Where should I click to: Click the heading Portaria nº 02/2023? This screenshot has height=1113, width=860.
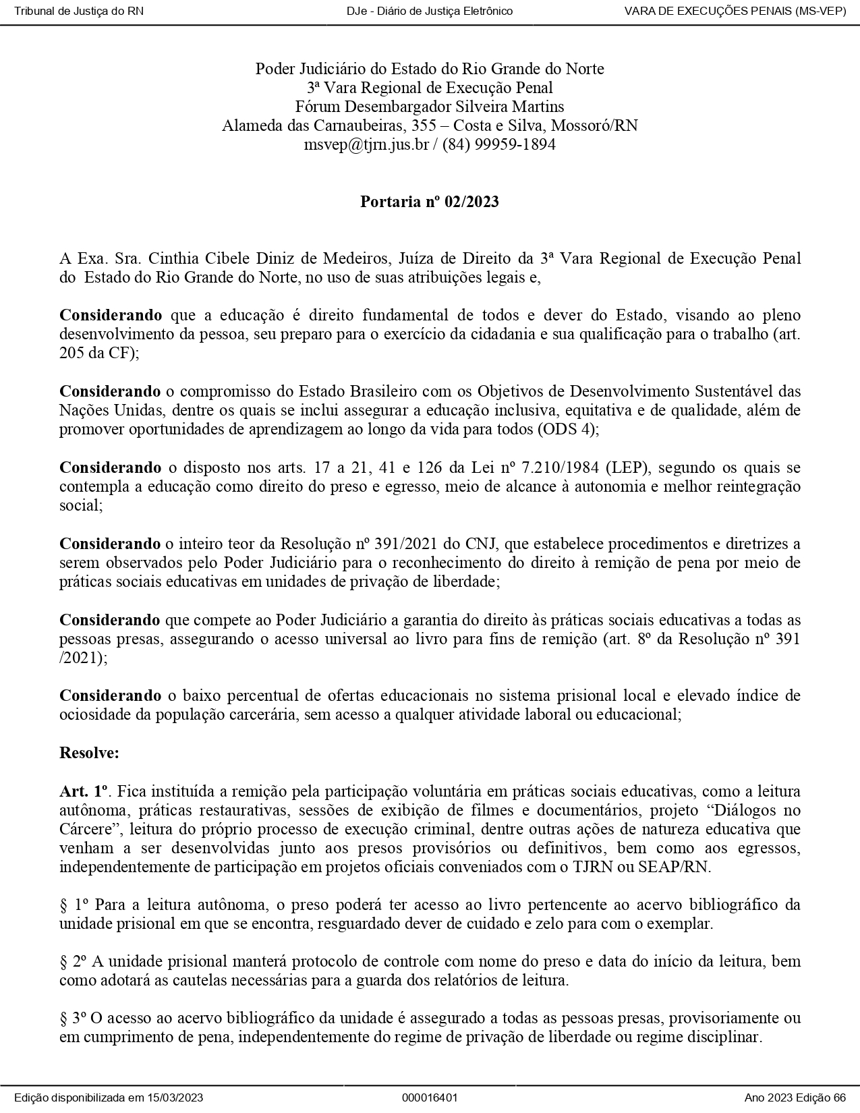pos(430,202)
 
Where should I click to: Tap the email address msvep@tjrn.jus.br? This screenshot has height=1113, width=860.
pos(366,144)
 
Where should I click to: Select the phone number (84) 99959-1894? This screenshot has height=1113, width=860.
pos(499,144)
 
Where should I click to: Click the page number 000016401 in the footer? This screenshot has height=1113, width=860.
pos(430,1097)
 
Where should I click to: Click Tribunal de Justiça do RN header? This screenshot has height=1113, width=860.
pos(79,11)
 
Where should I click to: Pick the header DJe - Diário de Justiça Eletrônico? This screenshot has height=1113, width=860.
pos(430,11)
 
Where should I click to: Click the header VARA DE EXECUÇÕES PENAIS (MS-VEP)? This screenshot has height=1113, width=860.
pos(735,11)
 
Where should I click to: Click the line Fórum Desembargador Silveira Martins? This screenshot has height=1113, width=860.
pos(430,107)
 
